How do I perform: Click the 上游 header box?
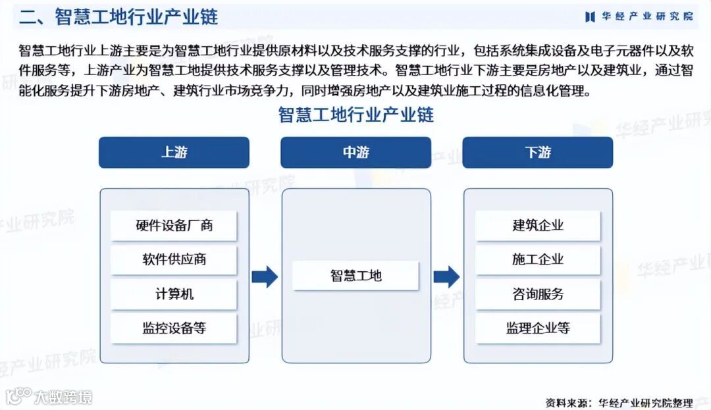click(x=174, y=153)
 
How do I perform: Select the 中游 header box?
click(x=355, y=153)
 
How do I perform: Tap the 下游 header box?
click(x=537, y=153)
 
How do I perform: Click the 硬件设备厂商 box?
click(x=174, y=226)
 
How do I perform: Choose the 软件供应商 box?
click(x=174, y=259)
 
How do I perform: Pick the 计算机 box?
click(x=174, y=294)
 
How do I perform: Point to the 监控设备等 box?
click(x=174, y=328)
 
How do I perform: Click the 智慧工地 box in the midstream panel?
click(x=355, y=276)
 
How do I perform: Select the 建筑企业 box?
click(x=538, y=226)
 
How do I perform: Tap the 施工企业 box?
click(x=538, y=259)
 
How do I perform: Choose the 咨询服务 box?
click(x=538, y=294)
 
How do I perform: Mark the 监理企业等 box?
click(x=538, y=328)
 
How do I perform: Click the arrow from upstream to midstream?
click(x=265, y=276)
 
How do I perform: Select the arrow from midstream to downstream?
click(x=446, y=276)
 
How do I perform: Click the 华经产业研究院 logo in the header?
click(x=639, y=16)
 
